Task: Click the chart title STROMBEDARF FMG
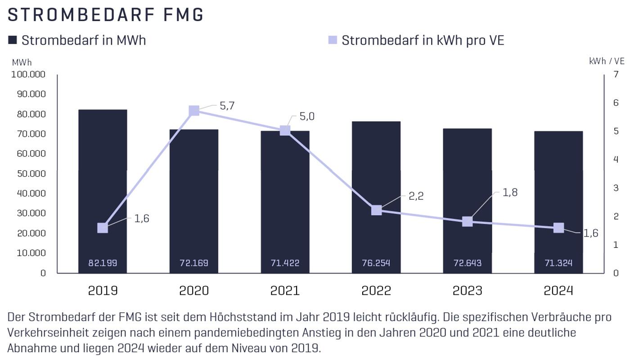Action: click(x=106, y=15)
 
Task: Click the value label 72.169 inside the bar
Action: click(x=194, y=263)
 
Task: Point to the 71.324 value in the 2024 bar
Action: click(x=558, y=263)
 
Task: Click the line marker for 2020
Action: click(x=194, y=111)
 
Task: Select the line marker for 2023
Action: click(x=468, y=221)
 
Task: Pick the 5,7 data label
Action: click(x=227, y=106)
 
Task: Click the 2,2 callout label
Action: click(x=416, y=196)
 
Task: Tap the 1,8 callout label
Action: click(x=510, y=193)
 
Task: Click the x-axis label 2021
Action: click(x=285, y=290)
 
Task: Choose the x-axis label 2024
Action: click(x=558, y=290)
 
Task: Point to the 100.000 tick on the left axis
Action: click(x=28, y=74)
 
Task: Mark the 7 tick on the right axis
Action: click(x=616, y=74)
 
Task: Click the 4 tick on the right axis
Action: click(x=616, y=159)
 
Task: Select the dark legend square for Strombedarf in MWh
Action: click(x=13, y=40)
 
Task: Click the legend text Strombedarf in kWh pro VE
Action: click(x=423, y=40)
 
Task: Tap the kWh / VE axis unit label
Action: click(x=607, y=61)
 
